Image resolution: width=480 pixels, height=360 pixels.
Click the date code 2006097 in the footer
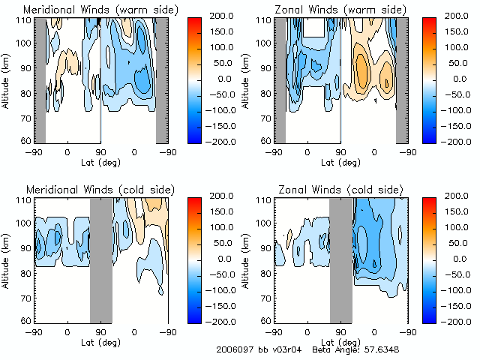point(234,349)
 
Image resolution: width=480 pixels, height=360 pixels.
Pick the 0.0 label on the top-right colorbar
point(457,78)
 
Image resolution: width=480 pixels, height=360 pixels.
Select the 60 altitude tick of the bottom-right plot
point(265,321)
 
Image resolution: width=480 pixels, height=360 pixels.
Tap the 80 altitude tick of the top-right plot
point(265,94)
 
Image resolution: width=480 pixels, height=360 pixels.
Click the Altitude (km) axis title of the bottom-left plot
point(7,259)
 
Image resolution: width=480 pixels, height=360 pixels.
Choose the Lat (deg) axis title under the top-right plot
point(337,161)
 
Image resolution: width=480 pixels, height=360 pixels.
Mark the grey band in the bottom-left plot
point(100,259)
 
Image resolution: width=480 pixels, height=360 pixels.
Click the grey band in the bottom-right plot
point(341,259)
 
